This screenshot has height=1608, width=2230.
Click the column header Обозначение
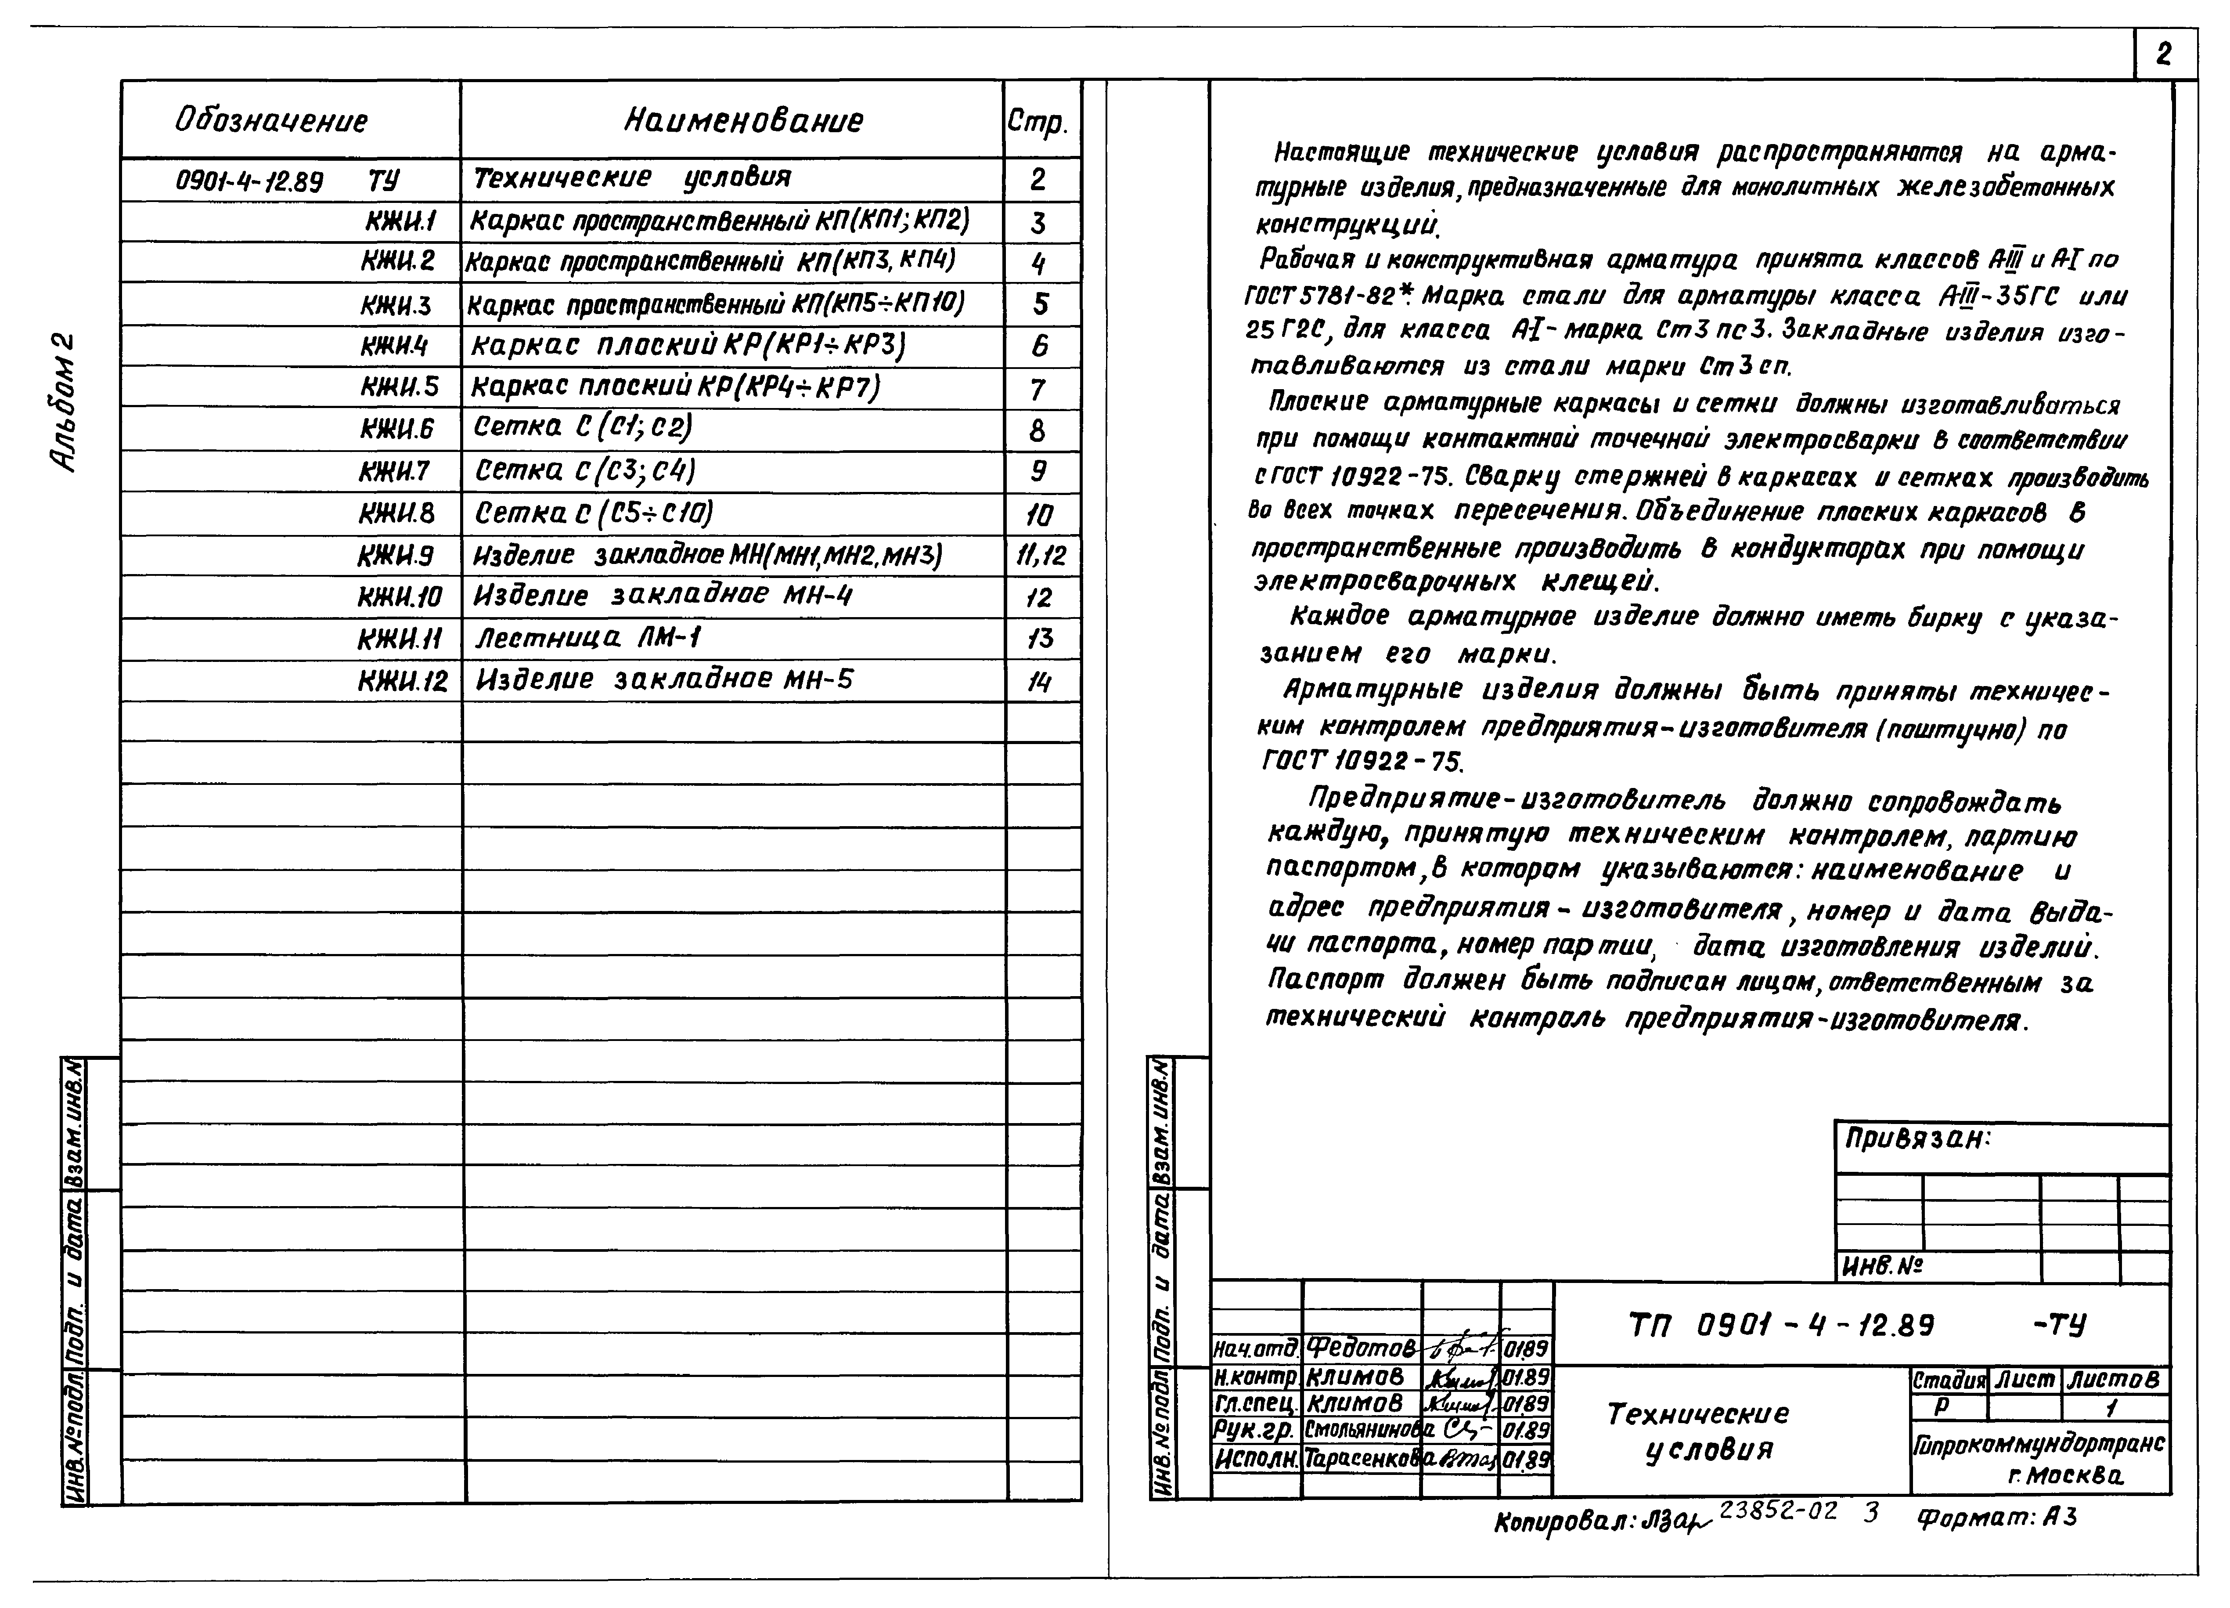coord(271,121)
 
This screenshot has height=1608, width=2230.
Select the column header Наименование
coord(743,121)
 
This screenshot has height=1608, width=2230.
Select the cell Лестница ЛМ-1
coord(588,638)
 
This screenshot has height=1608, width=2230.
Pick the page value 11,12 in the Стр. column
coord(1040,556)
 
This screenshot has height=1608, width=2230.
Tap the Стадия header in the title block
coord(1948,1380)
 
